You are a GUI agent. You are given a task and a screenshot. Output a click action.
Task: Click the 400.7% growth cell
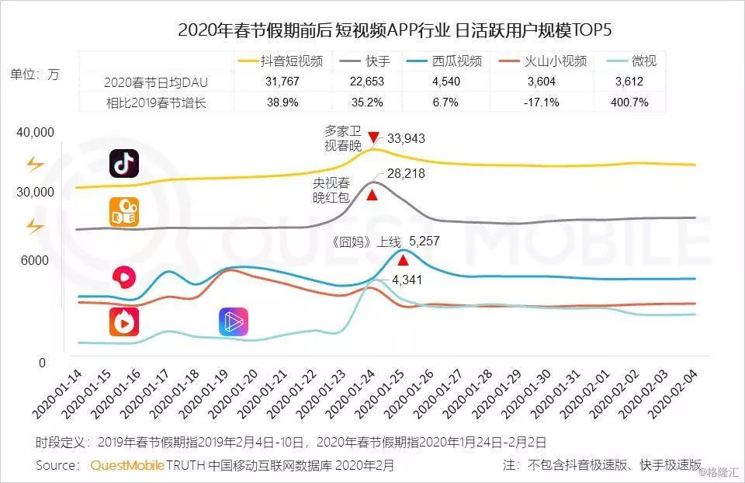(629, 102)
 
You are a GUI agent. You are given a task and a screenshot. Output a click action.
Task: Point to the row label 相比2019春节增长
(158, 102)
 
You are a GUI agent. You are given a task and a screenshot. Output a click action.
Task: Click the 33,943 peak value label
(406, 139)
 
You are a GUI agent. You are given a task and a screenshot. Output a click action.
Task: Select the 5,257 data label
(424, 241)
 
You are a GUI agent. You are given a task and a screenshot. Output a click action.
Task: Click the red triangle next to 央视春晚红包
(372, 195)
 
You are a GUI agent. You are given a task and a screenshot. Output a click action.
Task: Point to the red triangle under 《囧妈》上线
(403, 260)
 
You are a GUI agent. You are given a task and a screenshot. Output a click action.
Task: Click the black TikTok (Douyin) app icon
(123, 164)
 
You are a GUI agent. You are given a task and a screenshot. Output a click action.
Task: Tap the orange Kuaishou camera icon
(124, 212)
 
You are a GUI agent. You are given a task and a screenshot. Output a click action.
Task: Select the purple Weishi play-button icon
(233, 321)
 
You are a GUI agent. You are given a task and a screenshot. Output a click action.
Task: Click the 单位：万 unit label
(34, 75)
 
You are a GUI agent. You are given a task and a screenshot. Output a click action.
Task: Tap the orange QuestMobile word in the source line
(126, 465)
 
